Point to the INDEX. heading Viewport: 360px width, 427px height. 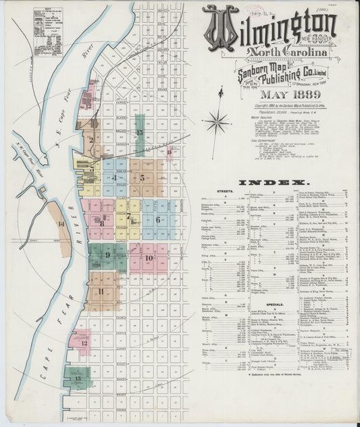pyautogui.click(x=280, y=183)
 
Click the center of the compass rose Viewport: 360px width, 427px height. pyautogui.click(x=217, y=122)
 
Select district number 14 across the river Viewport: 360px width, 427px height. pyautogui.click(x=61, y=223)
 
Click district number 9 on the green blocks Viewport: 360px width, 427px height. pyautogui.click(x=107, y=255)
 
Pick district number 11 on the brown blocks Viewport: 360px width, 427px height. pyautogui.click(x=101, y=291)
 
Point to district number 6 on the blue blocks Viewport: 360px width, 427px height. pyautogui.click(x=158, y=220)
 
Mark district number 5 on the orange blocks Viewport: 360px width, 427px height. pyautogui.click(x=143, y=178)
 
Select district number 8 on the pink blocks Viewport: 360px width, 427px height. pyautogui.click(x=102, y=223)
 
